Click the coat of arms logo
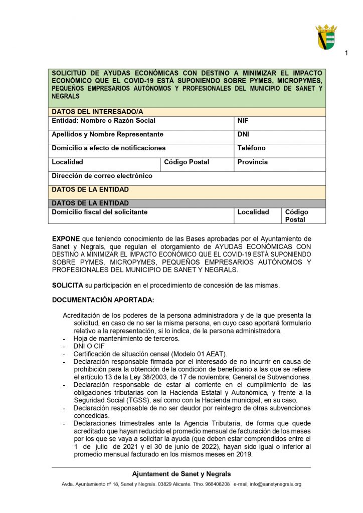tap(326, 37)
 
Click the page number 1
tap(346, 54)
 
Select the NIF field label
tap(243, 121)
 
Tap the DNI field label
tap(243, 134)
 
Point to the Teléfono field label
tap(251, 148)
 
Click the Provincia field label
tap(252, 162)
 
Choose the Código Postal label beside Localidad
tap(187, 162)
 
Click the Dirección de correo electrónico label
tap(102, 176)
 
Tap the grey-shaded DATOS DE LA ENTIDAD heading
tap(90, 203)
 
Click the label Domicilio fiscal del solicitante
tap(99, 212)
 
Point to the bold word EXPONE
tap(66, 238)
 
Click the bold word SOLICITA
tap(67, 286)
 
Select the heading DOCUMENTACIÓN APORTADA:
tap(103, 300)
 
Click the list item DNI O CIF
tap(89, 346)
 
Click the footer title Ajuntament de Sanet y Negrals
tap(181, 474)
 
